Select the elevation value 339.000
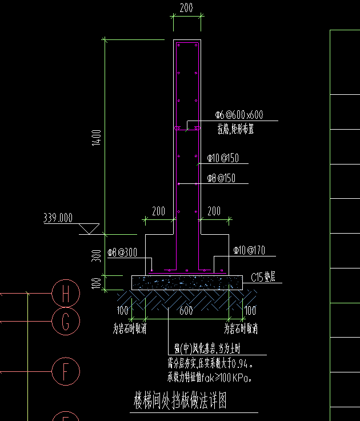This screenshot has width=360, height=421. coord(58,218)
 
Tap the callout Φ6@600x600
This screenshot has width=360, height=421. coord(239,115)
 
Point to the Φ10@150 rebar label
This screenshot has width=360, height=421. coord(222,158)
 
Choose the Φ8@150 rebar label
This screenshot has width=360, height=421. coord(221,178)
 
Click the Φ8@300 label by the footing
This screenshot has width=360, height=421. coord(122,252)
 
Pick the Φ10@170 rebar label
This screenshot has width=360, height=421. coord(249,251)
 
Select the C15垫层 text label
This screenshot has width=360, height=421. coord(263,278)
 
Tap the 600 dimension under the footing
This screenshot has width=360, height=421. coord(186,311)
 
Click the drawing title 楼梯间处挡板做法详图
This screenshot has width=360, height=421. coord(181,401)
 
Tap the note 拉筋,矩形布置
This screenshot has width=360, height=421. coord(235,130)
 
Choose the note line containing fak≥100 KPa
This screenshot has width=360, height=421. coord(210,378)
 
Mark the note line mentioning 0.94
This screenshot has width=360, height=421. coord(210,363)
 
